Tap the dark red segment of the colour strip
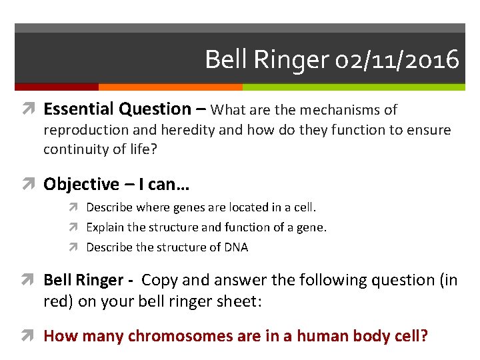[56, 87]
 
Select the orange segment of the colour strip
[170, 87]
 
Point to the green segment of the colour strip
[353, 87]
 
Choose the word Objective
[80, 185]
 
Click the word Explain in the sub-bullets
[105, 228]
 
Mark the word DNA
[236, 247]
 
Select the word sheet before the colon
[239, 301]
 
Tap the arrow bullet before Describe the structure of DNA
[76, 247]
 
